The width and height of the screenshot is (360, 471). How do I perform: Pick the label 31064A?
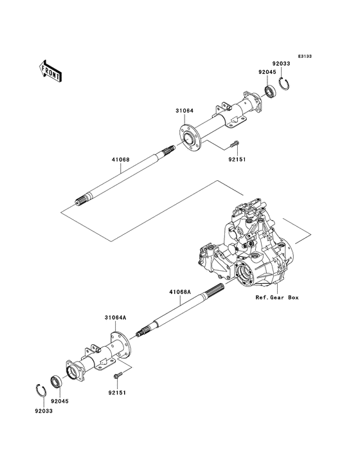115,317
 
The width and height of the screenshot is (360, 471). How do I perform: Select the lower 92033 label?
44,410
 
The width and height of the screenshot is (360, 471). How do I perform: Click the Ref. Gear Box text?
277,298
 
